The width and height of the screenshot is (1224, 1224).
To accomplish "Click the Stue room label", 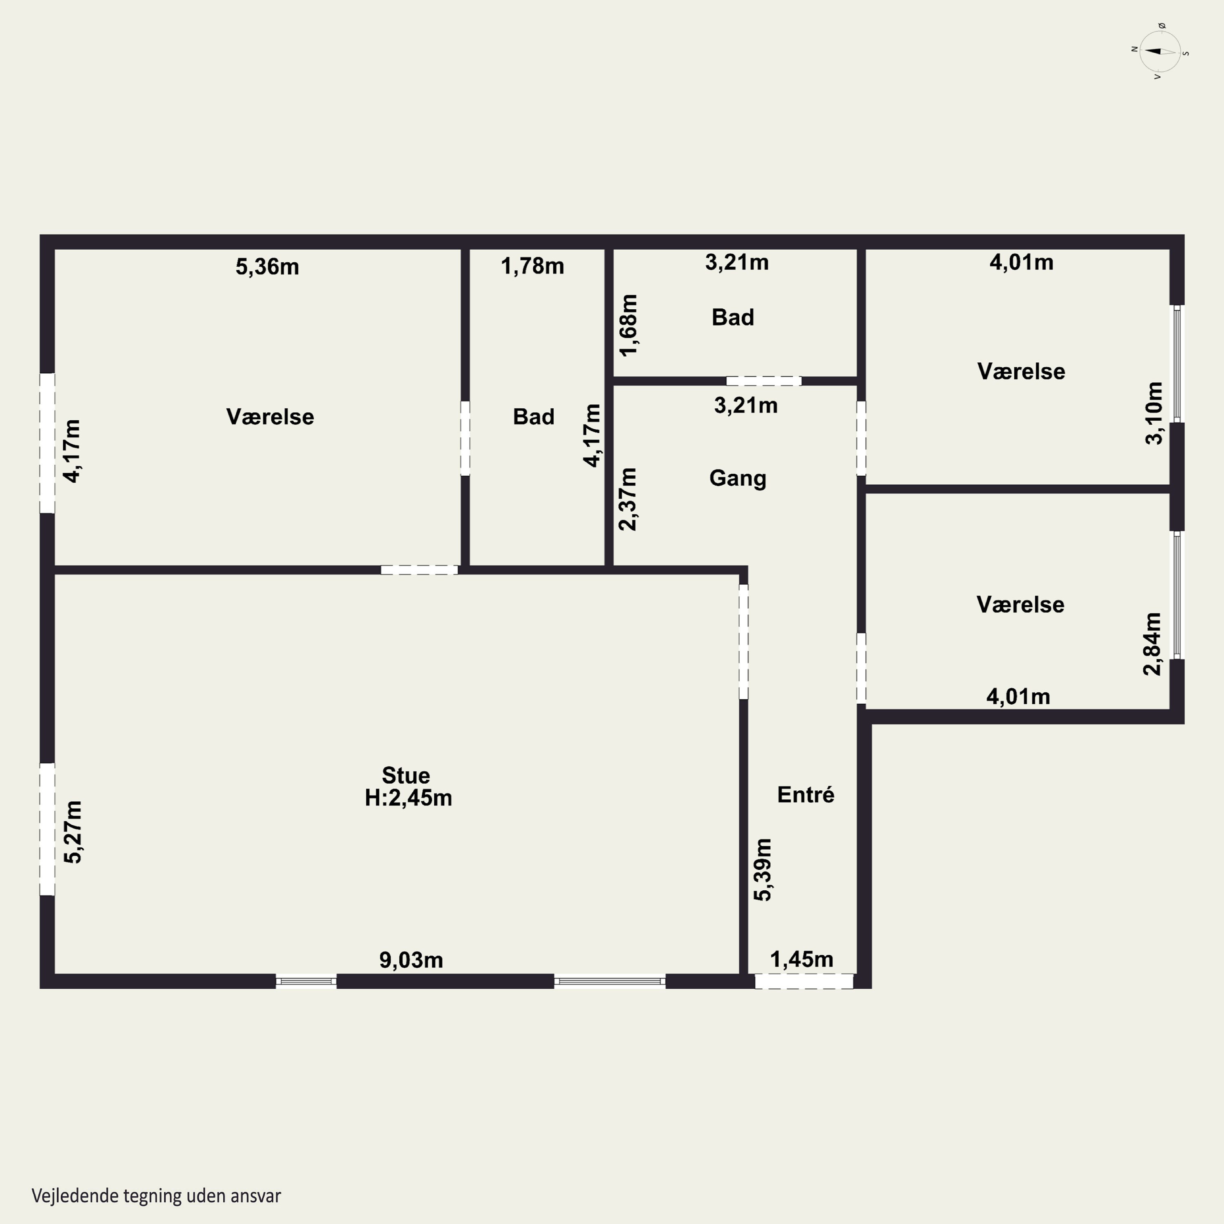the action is pos(406,776).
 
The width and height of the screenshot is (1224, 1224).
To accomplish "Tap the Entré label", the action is pos(806,794).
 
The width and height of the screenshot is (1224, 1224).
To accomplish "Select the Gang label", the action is pos(737,478).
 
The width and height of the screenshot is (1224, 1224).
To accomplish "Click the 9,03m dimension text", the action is pos(411,960).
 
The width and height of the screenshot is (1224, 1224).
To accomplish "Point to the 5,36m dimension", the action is pos(267,267).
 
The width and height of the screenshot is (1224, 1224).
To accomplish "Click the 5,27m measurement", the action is pos(73,832).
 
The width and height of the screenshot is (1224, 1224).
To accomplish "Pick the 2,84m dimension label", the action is pos(1153,644).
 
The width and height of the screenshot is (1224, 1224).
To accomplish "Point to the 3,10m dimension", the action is pos(1154,413).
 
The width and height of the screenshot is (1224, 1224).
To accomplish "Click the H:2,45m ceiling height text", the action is pos(409,798).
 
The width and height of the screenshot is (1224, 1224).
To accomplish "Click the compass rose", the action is pos(1160,52).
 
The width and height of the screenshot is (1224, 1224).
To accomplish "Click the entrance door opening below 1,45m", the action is pos(804,981).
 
